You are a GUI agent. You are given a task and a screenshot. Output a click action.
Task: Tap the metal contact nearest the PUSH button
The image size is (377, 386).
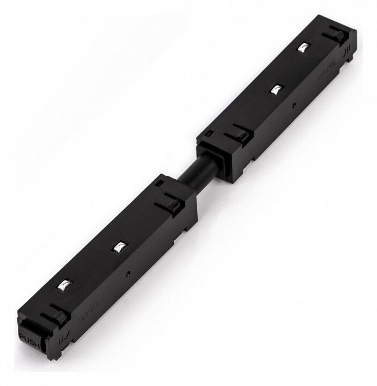[64, 284]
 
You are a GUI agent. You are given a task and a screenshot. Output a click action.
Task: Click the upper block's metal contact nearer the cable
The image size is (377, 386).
[277, 89]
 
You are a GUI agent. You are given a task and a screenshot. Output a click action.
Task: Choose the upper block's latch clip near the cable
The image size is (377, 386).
[237, 133]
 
